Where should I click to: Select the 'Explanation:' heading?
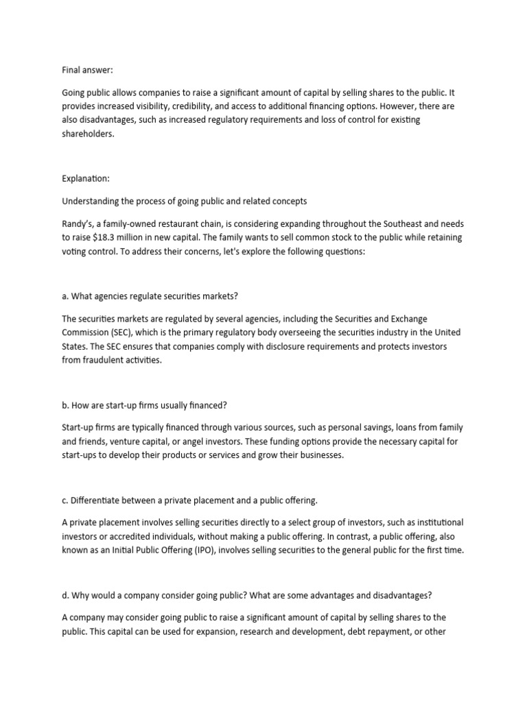pyautogui.click(x=86, y=178)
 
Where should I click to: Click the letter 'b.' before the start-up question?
pyautogui.click(x=67, y=405)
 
